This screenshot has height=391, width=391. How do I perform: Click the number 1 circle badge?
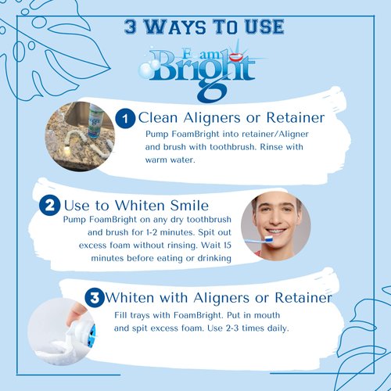tap(125, 118)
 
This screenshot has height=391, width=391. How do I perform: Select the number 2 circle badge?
tap(48, 206)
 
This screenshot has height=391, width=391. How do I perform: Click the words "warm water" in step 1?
tap(171, 160)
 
